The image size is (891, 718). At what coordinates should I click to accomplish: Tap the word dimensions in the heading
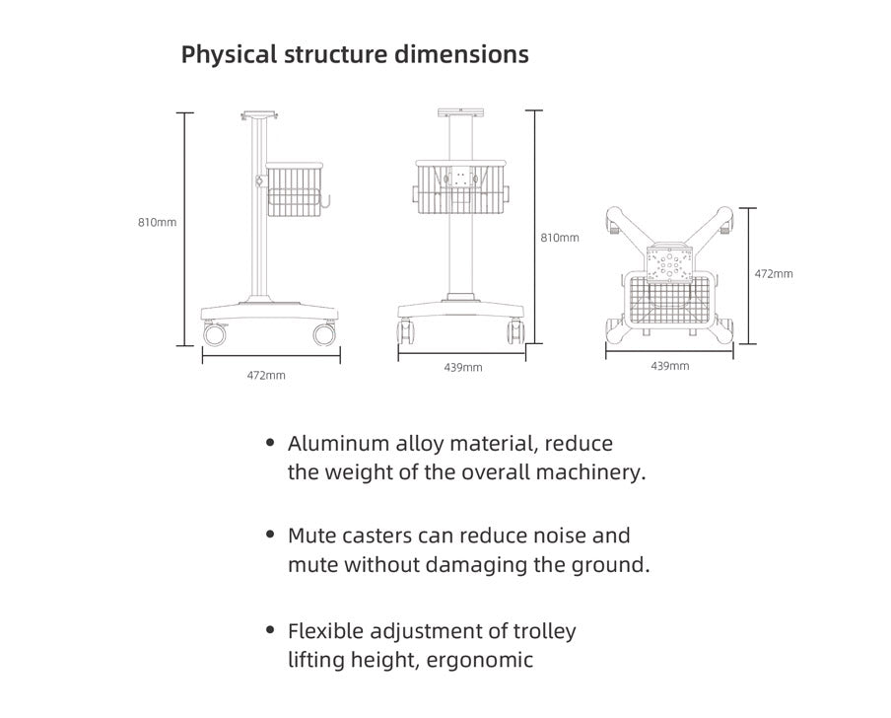click(x=461, y=54)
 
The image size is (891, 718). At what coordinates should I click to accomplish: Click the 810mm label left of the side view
click(x=157, y=223)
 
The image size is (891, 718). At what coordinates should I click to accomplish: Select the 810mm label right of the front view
click(x=560, y=238)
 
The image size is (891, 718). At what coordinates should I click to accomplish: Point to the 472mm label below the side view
click(x=266, y=376)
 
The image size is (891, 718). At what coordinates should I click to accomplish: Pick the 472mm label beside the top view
click(x=774, y=274)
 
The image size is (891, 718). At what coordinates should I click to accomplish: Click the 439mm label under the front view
click(x=463, y=368)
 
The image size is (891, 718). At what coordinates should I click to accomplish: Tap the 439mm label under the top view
click(x=670, y=366)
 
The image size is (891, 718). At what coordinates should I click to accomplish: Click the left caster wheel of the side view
click(x=214, y=335)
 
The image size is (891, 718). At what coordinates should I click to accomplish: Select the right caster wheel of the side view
click(x=323, y=335)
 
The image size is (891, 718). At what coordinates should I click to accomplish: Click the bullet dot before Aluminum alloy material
click(x=270, y=443)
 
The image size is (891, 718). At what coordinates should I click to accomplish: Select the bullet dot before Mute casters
click(x=270, y=536)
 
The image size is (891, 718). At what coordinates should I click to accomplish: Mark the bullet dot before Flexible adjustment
click(x=270, y=629)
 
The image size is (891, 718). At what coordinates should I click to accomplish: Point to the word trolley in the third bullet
click(x=541, y=630)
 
